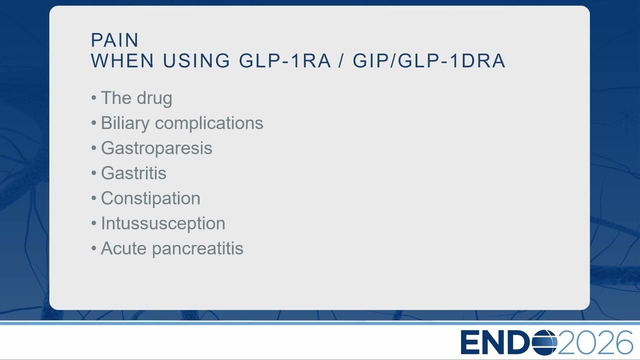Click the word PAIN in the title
point(114,40)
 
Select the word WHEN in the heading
point(122,60)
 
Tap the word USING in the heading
point(196,60)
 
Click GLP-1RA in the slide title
point(285,60)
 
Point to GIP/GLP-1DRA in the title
point(429,60)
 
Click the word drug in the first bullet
point(154,98)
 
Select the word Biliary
point(125,123)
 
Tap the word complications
point(209,123)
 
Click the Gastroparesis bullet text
point(156,148)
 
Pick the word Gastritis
point(133,173)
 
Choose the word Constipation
point(150,198)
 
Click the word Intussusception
point(163,223)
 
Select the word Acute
point(123,248)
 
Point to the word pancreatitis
point(197,249)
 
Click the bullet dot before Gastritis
point(93,173)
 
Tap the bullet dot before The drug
point(93,98)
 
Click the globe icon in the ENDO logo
point(544,342)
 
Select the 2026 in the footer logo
point(595,342)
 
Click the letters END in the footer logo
point(496,342)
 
